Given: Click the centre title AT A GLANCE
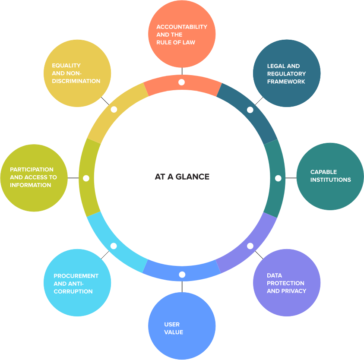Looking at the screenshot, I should click(182, 177).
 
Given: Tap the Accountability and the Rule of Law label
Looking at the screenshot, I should click(181, 35).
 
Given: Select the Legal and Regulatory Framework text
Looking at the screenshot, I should click(286, 74).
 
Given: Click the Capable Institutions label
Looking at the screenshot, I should click(330, 176).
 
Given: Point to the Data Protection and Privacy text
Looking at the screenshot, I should click(286, 283).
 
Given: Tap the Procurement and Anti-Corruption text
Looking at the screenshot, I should click(76, 284).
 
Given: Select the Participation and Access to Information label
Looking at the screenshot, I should click(33, 177).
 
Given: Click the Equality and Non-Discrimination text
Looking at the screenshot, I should click(76, 73).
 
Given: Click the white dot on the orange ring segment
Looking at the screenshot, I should click(181, 82).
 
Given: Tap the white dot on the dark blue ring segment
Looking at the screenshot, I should click(250, 110).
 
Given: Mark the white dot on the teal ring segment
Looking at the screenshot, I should click(278, 178).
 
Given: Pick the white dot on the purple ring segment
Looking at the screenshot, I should click(250, 246).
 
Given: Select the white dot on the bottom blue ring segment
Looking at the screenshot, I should click(182, 275).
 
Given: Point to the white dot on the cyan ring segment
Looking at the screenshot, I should click(114, 246).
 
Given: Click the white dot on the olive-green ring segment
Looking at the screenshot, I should click(86, 178).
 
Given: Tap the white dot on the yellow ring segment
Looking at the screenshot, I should click(114, 110).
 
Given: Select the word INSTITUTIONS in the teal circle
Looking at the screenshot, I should click(330, 180).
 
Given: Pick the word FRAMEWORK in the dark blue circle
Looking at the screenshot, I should click(286, 82).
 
